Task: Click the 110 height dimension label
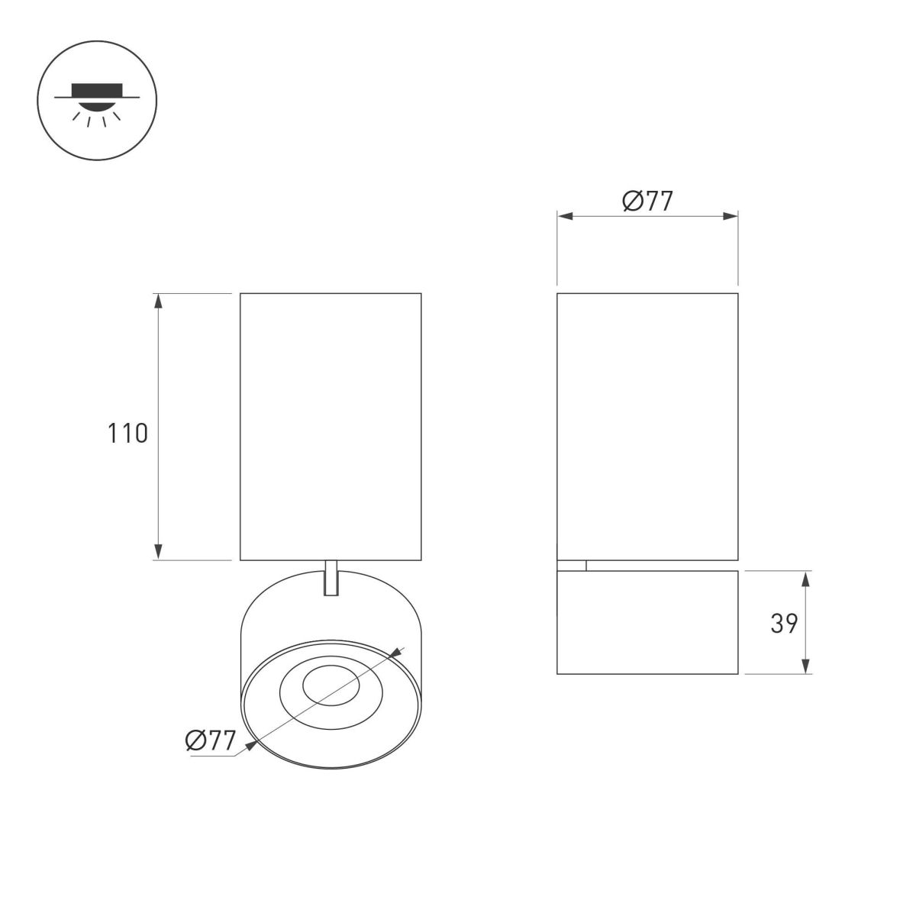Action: click(127, 434)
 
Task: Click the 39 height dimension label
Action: click(783, 624)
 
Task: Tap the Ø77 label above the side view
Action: click(647, 202)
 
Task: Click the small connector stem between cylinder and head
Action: click(331, 578)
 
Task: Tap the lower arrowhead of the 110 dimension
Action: click(159, 552)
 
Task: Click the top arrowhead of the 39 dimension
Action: click(807, 578)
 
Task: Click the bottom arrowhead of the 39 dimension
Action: click(807, 666)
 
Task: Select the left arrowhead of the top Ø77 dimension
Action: click(566, 217)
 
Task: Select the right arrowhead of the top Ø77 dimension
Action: click(731, 217)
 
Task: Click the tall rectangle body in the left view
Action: click(331, 426)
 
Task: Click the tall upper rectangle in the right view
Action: click(647, 426)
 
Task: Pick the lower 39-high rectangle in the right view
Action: click(647, 622)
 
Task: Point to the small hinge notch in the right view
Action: click(572, 565)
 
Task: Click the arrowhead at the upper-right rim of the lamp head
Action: click(395, 653)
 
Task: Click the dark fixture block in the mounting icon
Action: click(97, 89)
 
